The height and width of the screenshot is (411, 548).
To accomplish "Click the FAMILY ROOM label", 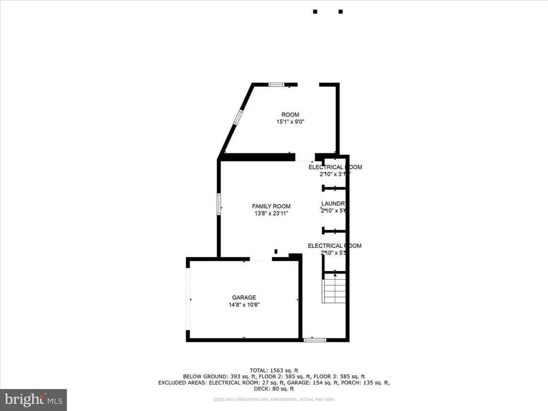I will pos(271,207).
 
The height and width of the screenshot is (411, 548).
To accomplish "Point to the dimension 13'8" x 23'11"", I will pos(271,214).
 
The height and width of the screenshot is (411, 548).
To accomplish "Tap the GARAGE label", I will pos(244,298).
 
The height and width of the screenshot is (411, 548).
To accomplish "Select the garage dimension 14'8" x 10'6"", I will pos(244,305).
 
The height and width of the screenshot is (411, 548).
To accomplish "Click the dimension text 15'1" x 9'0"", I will pos(290,122).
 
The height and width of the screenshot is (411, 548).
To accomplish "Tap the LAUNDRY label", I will pos(335,203).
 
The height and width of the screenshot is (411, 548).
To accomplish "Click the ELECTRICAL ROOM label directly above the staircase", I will pos(334,246).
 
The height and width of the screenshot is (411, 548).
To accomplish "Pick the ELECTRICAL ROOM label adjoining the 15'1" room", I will pos(335,167).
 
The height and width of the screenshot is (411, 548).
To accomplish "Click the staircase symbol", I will pos(335,289).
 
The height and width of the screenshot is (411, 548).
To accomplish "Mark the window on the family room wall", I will pos(219,203).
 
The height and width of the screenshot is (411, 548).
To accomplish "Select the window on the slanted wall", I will pos(238,117).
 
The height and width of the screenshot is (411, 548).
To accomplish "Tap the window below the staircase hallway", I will pos(314,339).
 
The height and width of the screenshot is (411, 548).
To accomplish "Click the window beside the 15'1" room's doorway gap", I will pos(277,84).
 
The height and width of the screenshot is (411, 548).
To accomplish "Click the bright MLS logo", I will pos(33,399).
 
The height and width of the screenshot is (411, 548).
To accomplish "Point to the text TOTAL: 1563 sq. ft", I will pos(273,370).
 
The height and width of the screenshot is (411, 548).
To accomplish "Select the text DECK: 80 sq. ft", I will pos(273,388).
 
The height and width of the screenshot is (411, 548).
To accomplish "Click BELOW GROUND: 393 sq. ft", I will pos(212,376).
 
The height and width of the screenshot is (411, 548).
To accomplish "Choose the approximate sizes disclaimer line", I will pos(273,399).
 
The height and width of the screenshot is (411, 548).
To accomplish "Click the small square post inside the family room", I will pos(276,251).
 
